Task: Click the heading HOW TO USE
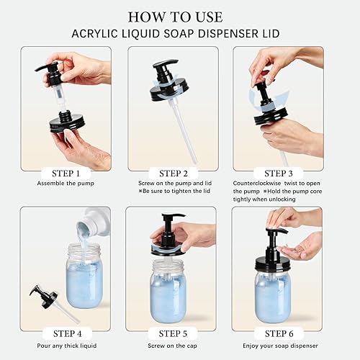[176, 17]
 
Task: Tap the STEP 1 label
[66, 174]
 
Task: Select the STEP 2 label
[174, 174]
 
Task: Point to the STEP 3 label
[279, 174]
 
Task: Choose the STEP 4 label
[68, 333]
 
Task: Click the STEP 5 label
[173, 333]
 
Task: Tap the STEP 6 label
[279, 333]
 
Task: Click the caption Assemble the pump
[66, 184]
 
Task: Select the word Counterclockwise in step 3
[257, 184]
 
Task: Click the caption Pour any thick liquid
[67, 346]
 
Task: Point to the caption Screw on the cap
[172, 346]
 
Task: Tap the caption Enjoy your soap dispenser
[280, 346]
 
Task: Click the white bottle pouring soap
[95, 222]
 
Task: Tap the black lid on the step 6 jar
[273, 263]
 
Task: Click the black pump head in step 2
[165, 68]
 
